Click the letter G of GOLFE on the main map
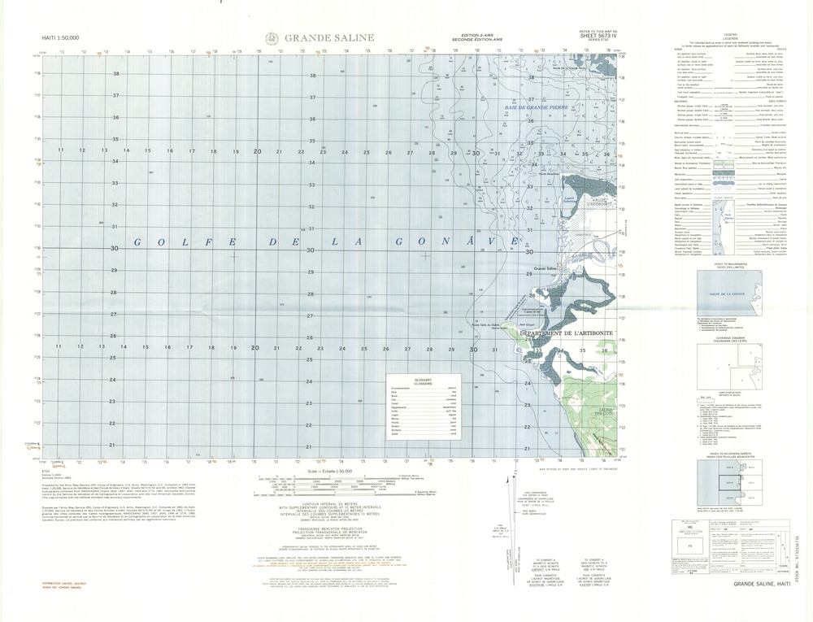[x=137, y=242]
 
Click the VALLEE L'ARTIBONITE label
[x=602, y=202]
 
